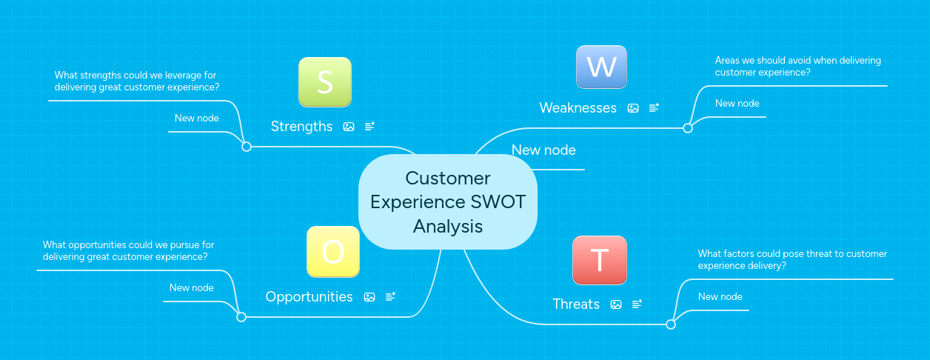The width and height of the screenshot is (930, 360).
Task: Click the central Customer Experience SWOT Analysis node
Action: [447, 201]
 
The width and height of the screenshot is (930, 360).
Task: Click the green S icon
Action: [324, 81]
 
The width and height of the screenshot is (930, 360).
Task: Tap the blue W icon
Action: [601, 67]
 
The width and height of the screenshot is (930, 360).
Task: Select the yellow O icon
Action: [333, 252]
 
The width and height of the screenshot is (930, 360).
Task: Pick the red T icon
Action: [599, 260]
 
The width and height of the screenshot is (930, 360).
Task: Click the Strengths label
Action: [301, 127]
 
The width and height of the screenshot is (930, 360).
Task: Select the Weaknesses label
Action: [578, 108]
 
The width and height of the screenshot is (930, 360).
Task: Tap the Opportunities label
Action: [309, 297]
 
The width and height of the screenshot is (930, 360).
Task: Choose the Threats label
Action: [576, 304]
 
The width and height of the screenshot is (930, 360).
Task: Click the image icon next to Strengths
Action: [349, 127]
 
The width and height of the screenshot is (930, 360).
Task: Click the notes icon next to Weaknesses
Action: [654, 108]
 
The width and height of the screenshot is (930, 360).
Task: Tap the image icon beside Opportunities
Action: [369, 297]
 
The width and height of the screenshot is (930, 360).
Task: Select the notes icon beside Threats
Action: [637, 304]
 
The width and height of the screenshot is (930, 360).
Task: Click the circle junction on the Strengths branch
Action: [247, 147]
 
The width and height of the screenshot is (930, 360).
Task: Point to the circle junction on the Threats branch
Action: [671, 324]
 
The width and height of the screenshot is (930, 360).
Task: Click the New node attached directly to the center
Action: [543, 150]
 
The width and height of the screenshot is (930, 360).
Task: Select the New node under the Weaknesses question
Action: [737, 104]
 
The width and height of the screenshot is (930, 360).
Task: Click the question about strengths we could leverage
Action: [136, 81]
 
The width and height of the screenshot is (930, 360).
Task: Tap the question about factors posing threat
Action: [792, 259]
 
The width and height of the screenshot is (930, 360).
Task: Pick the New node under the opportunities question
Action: [191, 288]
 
